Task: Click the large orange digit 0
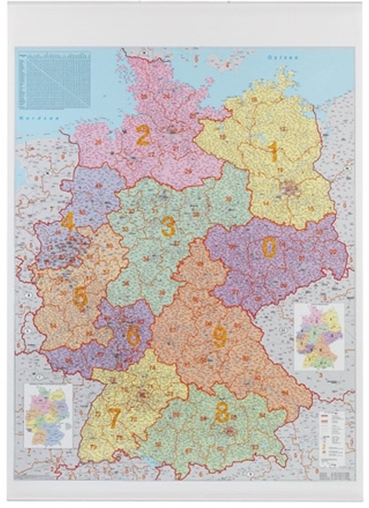(269, 247)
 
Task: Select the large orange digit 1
(273, 152)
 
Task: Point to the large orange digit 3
(168, 227)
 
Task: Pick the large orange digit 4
(67, 222)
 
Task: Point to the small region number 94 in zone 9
(285, 392)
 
